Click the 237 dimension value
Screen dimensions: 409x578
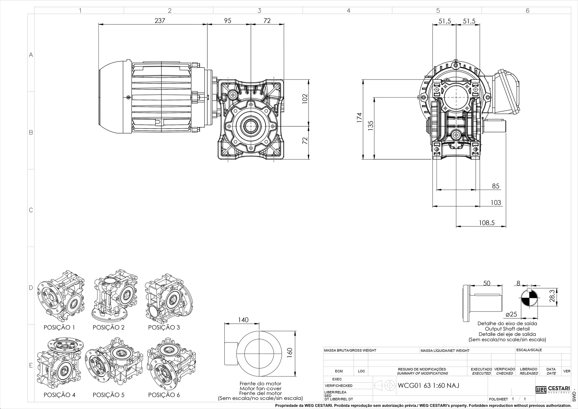(x=160, y=20)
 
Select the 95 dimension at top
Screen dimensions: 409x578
(x=228, y=20)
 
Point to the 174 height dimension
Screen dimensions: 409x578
(x=359, y=117)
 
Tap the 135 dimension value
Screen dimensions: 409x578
(x=371, y=125)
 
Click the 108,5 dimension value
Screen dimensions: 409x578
(x=487, y=223)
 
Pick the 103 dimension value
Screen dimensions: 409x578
(x=496, y=202)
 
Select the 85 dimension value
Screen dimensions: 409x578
(x=496, y=186)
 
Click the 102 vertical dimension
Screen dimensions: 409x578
(x=305, y=99)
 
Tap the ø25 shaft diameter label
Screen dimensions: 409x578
(x=511, y=314)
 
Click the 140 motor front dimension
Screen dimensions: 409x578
(x=243, y=320)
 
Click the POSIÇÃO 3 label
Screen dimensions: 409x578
(x=164, y=327)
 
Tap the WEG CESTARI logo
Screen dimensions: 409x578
(x=553, y=389)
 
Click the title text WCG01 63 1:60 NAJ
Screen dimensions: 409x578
(x=428, y=386)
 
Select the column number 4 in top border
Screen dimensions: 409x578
(x=348, y=11)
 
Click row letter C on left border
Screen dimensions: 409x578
(x=31, y=210)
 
